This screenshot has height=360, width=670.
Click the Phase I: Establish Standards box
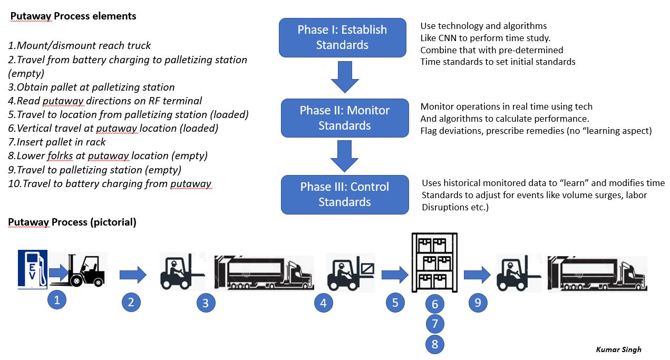pyautogui.click(x=342, y=37)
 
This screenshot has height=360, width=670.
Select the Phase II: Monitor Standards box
pyautogui.click(x=344, y=118)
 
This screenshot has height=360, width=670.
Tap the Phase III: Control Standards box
pyautogui.click(x=344, y=194)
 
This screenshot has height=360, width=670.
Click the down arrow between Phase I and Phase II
pyautogui.click(x=345, y=77)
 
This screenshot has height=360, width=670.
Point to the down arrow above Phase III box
pyautogui.click(x=344, y=156)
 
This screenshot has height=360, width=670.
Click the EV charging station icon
pyautogui.click(x=33, y=269)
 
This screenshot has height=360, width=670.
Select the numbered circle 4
pyautogui.click(x=324, y=303)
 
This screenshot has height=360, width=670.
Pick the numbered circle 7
pyautogui.click(x=435, y=324)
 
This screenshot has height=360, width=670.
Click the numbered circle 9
pyautogui.click(x=478, y=303)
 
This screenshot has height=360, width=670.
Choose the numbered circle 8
pyautogui.click(x=435, y=344)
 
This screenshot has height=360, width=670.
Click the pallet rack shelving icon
pyautogui.click(x=434, y=262)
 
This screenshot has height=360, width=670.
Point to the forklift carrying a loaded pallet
pyautogui.click(x=351, y=273)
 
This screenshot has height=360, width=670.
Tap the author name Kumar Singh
pyautogui.click(x=618, y=349)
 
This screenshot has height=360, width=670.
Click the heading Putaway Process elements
pyautogui.click(x=73, y=16)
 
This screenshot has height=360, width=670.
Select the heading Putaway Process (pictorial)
pyautogui.click(x=72, y=222)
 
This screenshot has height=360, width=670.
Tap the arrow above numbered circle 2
pyautogui.click(x=132, y=275)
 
